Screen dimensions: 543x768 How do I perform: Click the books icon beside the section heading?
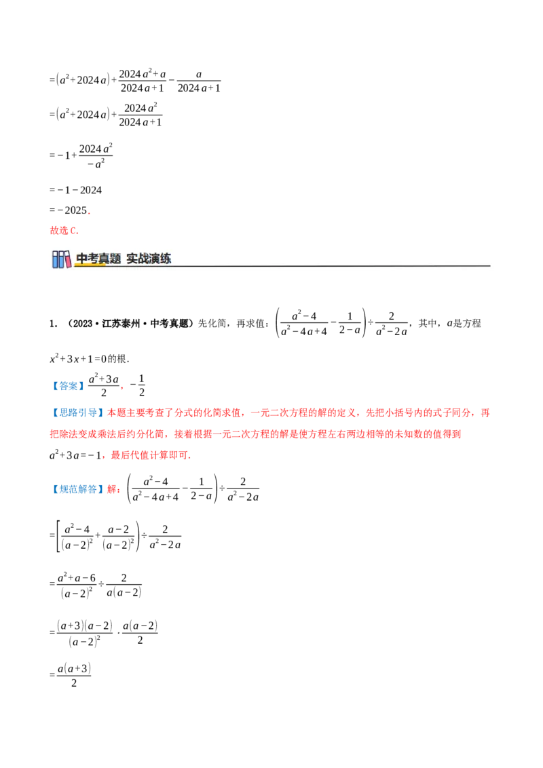click(x=62, y=259)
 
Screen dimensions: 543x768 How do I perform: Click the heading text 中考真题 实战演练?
click(x=124, y=258)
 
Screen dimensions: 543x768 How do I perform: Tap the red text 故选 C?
click(x=64, y=230)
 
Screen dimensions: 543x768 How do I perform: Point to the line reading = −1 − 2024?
click(x=75, y=190)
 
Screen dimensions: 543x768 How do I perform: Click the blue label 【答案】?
click(x=68, y=386)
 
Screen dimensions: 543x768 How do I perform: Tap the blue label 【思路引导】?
click(x=77, y=413)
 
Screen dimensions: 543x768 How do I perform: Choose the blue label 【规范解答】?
click(x=77, y=489)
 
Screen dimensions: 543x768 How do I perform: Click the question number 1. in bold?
click(x=54, y=323)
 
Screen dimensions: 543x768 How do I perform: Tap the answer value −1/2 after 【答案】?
click(x=138, y=385)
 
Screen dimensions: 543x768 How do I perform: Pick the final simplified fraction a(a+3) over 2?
click(x=74, y=676)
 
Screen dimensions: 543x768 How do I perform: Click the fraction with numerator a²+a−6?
click(x=77, y=585)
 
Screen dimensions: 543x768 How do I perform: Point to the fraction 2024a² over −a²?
click(x=96, y=156)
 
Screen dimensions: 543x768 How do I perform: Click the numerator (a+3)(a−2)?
click(x=85, y=626)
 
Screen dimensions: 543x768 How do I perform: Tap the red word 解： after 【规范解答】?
click(x=114, y=489)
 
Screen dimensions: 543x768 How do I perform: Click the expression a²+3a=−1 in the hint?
click(x=75, y=455)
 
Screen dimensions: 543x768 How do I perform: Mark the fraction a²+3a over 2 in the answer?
click(x=104, y=385)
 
